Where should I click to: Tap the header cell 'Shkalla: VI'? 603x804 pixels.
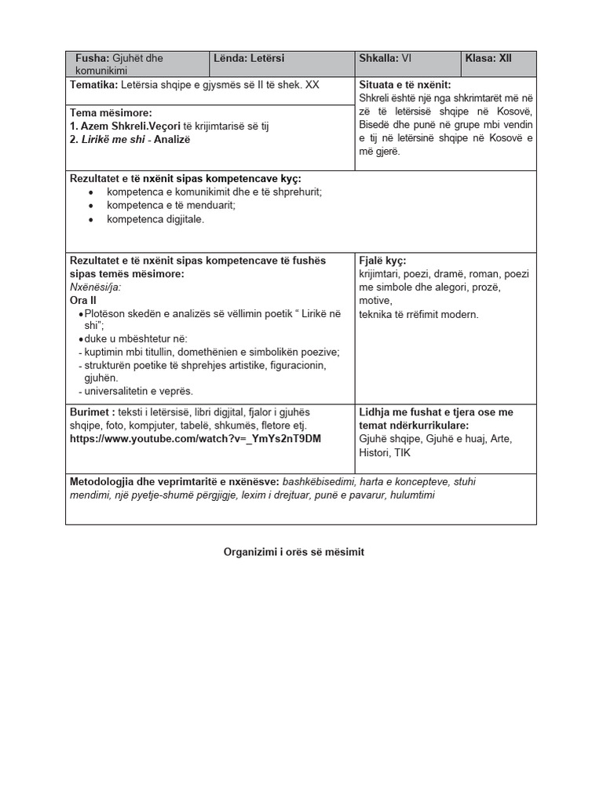[385, 58]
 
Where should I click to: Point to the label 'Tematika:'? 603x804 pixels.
[93, 84]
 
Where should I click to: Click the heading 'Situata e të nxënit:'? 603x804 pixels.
[404, 84]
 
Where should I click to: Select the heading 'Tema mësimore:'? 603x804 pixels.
[111, 113]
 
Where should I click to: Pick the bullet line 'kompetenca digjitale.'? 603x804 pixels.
[155, 219]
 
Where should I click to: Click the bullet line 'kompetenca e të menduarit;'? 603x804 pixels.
[171, 206]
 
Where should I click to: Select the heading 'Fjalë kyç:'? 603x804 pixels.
[382, 261]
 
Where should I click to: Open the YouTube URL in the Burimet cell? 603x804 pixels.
[195, 438]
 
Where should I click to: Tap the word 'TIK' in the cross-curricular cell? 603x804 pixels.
[402, 453]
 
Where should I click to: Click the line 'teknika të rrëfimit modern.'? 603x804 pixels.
[418, 314]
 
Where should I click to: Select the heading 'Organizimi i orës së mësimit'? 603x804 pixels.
[294, 552]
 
